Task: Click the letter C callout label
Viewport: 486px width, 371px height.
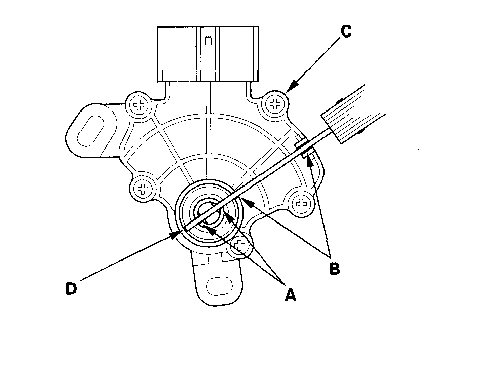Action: (x=345, y=31)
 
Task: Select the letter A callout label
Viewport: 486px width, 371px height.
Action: (x=290, y=294)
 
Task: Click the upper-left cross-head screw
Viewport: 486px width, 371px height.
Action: (x=138, y=105)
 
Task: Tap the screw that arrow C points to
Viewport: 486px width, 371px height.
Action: (x=275, y=104)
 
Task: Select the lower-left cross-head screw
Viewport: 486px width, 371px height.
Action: (x=143, y=190)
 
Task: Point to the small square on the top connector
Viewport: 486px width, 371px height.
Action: (x=208, y=41)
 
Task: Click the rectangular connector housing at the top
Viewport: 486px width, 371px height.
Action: (x=209, y=54)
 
